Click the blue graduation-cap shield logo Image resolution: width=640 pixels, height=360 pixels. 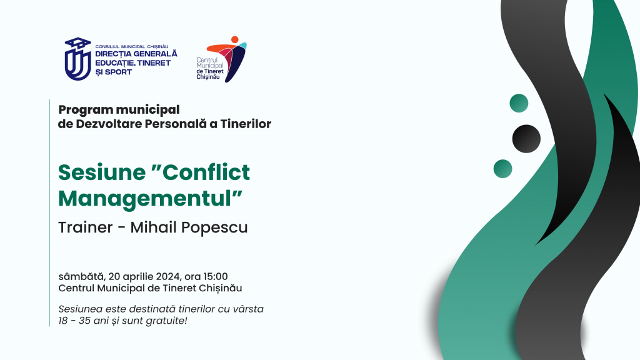[77, 59]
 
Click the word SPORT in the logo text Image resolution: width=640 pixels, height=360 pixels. [118, 72]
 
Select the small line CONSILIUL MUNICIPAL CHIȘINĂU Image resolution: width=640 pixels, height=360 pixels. [132, 46]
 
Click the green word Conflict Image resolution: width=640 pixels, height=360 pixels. [206, 172]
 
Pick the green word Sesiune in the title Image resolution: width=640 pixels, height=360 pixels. [102, 172]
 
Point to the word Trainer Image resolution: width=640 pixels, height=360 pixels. [85, 227]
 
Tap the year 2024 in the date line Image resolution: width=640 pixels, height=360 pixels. [167, 277]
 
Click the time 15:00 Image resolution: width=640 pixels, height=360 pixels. [216, 276]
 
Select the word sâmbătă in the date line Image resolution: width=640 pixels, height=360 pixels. [81, 277]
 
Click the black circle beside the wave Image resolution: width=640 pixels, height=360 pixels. [526, 139]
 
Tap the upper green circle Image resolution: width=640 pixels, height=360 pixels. [519, 103]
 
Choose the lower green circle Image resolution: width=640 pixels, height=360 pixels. [503, 169]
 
